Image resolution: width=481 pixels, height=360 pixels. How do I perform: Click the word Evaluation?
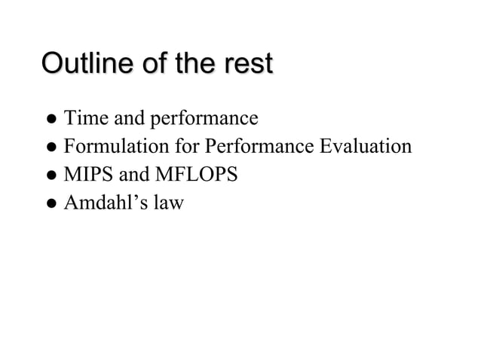(366, 146)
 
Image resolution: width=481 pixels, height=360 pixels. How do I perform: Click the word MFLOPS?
(196, 175)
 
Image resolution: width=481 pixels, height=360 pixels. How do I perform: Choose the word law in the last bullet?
(168, 203)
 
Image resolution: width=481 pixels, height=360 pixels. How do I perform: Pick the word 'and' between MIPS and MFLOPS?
(135, 175)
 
